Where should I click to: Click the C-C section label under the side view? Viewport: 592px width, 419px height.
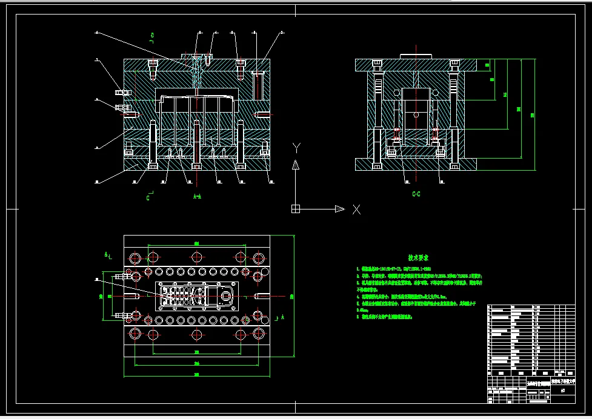pos(416,194)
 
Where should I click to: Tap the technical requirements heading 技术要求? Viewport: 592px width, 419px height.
pos(419,257)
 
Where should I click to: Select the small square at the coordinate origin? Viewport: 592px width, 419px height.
pos(296,209)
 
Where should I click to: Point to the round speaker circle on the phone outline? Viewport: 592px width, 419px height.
pos(227,296)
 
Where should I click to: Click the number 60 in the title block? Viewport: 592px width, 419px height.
pos(563,391)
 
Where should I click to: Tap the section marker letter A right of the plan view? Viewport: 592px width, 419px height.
pos(282,317)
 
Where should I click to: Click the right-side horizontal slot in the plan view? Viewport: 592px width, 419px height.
pos(261,295)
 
